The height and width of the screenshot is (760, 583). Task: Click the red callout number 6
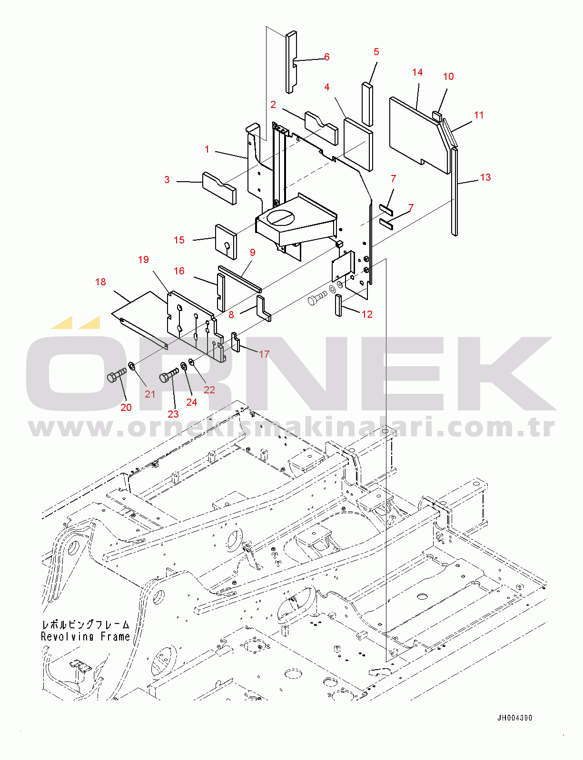tap(327, 57)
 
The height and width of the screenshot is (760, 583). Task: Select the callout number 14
tap(417, 72)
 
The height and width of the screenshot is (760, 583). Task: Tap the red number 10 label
tap(448, 77)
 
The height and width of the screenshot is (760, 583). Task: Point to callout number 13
tap(485, 177)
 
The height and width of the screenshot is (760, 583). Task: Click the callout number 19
tap(143, 260)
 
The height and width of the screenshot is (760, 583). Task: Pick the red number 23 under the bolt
tap(173, 414)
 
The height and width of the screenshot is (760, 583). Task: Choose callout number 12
tap(367, 314)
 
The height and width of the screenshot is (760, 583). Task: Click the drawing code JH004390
tap(515, 718)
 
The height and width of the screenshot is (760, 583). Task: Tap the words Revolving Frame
tap(85, 636)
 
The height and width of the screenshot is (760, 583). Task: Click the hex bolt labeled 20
tap(116, 376)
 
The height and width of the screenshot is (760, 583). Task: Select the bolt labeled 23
tap(168, 375)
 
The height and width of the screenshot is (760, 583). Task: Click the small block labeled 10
tap(437, 116)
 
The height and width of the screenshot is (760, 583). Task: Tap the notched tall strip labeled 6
tap(291, 62)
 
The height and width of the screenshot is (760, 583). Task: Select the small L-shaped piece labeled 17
tap(236, 342)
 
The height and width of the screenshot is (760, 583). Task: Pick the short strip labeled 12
tap(338, 305)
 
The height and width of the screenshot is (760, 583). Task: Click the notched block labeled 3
tap(219, 188)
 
